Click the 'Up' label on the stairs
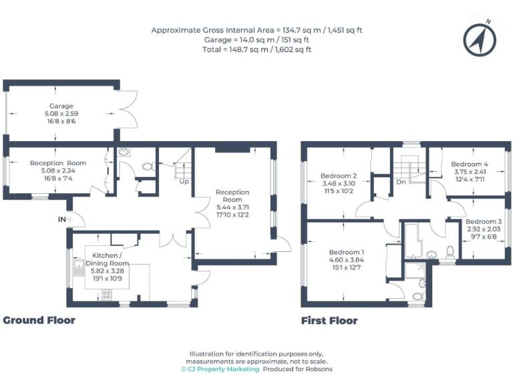click(183, 181)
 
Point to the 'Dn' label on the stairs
click(401, 181)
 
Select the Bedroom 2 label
click(339, 176)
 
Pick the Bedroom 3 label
click(484, 221)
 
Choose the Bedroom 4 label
click(470, 164)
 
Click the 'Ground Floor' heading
click(39, 320)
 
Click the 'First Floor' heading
click(329, 320)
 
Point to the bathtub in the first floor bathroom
click(413, 242)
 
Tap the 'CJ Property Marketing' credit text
click(220, 369)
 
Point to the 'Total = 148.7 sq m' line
click(256, 49)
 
